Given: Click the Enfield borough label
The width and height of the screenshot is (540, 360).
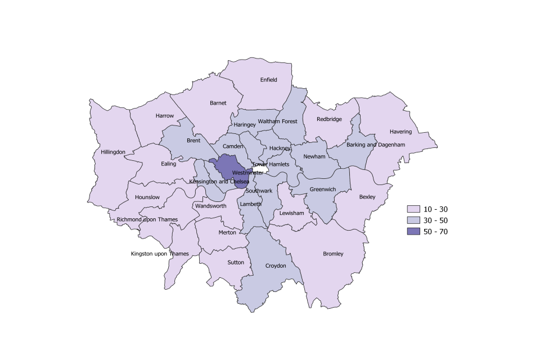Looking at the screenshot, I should [268, 80].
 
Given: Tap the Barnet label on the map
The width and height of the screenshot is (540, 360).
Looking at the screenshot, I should [218, 103].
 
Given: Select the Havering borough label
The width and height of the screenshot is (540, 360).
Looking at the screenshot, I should [400, 132].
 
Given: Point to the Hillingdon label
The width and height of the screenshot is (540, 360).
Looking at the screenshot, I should [113, 152].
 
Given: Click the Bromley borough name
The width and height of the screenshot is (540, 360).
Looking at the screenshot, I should [333, 254].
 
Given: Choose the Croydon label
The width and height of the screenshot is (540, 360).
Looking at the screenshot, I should [276, 265].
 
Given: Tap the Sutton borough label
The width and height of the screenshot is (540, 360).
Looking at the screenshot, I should [236, 262].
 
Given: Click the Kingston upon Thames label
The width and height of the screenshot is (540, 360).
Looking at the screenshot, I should [160, 254].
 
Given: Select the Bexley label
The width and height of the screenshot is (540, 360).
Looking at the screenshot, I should [367, 197].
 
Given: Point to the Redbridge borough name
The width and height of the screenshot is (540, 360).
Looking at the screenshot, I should [329, 119].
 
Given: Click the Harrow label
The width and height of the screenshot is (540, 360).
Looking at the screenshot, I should [165, 116].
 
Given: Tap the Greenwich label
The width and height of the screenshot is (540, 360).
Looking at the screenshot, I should [323, 190].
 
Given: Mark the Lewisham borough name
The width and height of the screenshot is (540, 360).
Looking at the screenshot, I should [291, 213].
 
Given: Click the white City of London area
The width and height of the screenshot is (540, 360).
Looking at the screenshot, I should [260, 169].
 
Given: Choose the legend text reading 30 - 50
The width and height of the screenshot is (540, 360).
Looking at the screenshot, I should [436, 220].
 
